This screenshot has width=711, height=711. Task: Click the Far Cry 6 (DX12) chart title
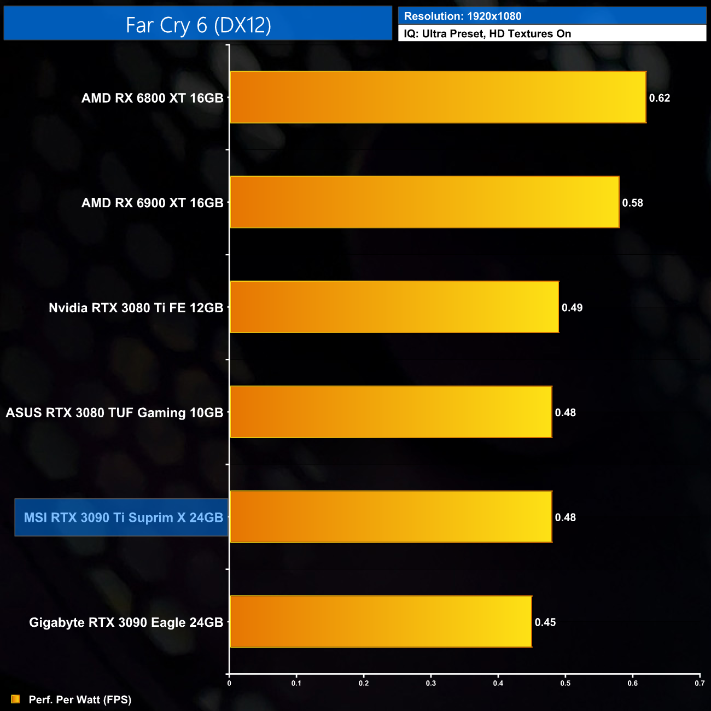[x=198, y=25]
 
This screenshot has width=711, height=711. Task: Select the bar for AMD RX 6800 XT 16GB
[x=438, y=97]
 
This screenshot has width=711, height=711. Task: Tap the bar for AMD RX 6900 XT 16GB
[x=424, y=202]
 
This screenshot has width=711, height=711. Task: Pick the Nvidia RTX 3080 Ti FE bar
[x=394, y=307]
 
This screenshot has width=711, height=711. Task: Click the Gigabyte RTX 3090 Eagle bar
[x=381, y=622]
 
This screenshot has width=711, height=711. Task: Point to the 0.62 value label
[x=659, y=98]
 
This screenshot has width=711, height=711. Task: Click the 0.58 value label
[x=632, y=203]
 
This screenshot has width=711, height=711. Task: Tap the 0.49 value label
[x=572, y=308]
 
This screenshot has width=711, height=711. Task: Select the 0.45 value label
[x=545, y=622]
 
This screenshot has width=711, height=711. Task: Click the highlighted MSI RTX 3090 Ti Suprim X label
[x=123, y=517]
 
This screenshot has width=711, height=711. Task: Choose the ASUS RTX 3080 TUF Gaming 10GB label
[x=114, y=412]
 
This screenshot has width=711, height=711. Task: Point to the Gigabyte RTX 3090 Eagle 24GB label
[x=126, y=622]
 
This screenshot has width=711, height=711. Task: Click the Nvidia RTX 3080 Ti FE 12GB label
[x=136, y=308]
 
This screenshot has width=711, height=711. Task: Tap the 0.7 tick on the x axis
[x=700, y=683]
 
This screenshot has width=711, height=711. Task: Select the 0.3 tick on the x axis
[x=431, y=683]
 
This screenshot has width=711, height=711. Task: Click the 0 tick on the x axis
[x=229, y=683]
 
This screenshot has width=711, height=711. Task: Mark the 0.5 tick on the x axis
[x=566, y=683]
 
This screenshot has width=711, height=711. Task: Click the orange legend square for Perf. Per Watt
[x=15, y=700]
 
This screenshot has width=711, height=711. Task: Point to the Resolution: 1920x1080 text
[x=463, y=16]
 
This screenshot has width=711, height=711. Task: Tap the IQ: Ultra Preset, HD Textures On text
[x=487, y=34]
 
